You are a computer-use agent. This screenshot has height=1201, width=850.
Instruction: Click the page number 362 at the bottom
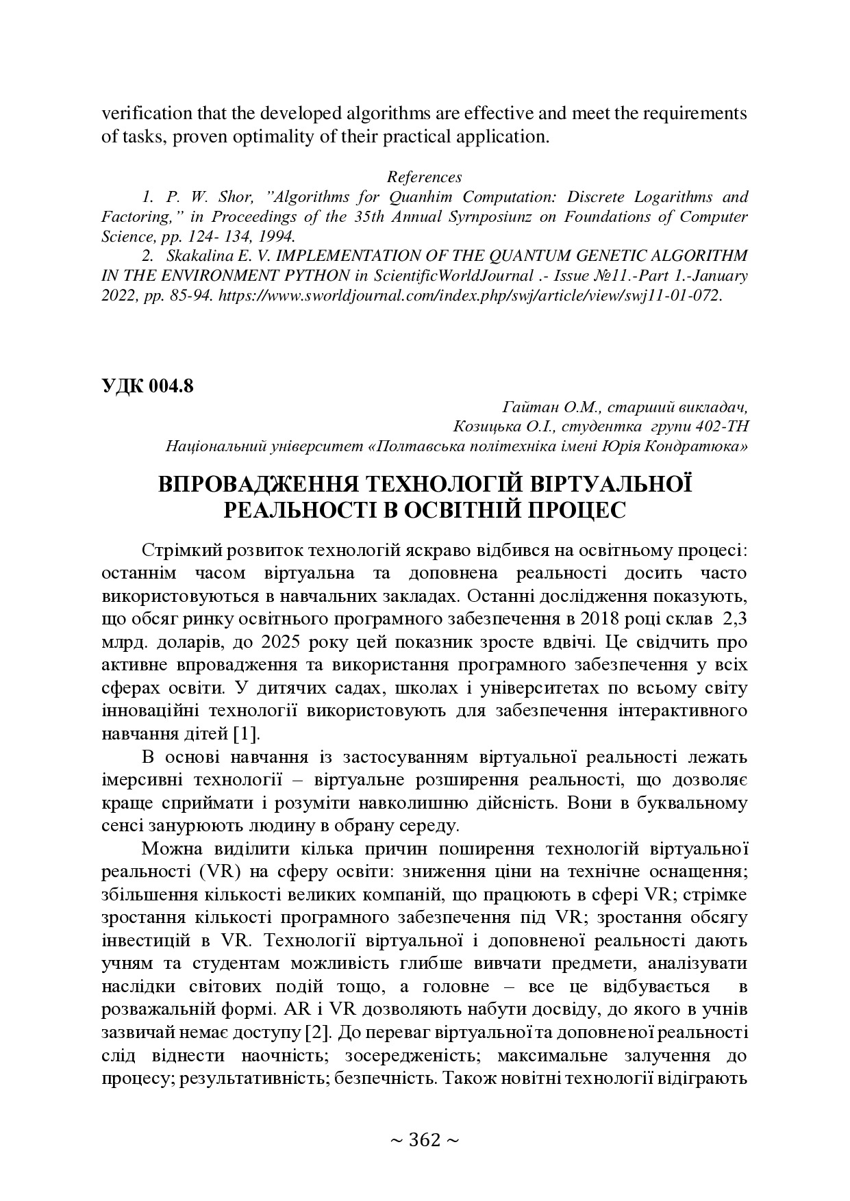[x=424, y=1140]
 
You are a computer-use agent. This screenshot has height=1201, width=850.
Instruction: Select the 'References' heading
[x=424, y=177]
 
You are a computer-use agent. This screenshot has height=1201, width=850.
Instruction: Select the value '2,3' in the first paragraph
[x=735, y=619]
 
